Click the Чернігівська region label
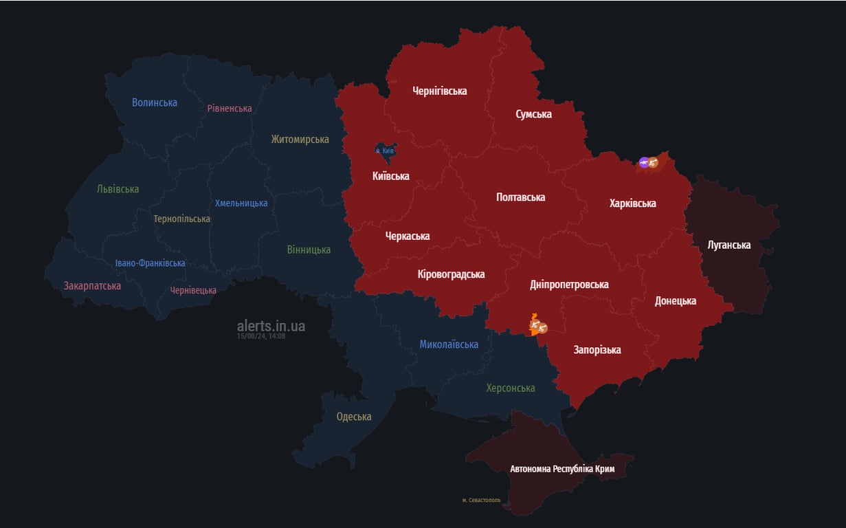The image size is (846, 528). tap(439, 91)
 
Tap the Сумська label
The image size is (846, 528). tap(533, 114)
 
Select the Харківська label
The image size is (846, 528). tap(632, 203)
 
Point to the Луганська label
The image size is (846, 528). tap(729, 245)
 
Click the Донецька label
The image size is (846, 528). tap(675, 300)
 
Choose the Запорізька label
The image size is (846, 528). tap(597, 350)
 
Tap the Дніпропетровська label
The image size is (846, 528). tap(569, 284)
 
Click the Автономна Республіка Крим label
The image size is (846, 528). tap(562, 469)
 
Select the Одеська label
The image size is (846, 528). tap(354, 417)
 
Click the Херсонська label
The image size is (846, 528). tap(510, 388)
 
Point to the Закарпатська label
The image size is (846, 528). tap(92, 286)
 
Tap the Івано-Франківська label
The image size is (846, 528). tap(150, 263)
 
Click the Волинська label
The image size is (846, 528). tap(155, 102)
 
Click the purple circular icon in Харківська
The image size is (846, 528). tap(643, 162)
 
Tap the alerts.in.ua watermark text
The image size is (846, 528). tap(271, 325)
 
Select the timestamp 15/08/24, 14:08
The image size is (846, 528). tap(260, 336)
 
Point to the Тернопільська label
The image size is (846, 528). tap(182, 219)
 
